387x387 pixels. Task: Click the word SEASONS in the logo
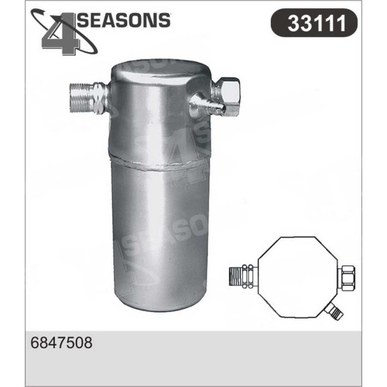click(x=125, y=20)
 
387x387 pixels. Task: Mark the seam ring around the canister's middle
click(x=160, y=161)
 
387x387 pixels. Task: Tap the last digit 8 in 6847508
click(x=87, y=343)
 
